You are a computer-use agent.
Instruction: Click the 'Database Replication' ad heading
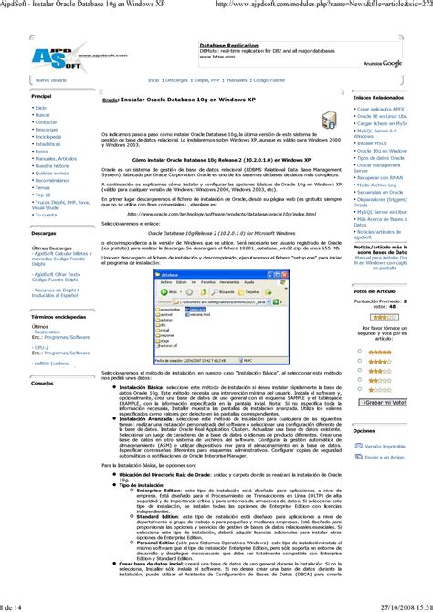click(227, 43)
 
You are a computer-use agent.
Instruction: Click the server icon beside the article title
click(328, 121)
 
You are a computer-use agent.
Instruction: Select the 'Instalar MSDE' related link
click(375, 142)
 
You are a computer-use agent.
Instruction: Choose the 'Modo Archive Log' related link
click(378, 184)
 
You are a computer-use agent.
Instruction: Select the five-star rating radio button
click(355, 351)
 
